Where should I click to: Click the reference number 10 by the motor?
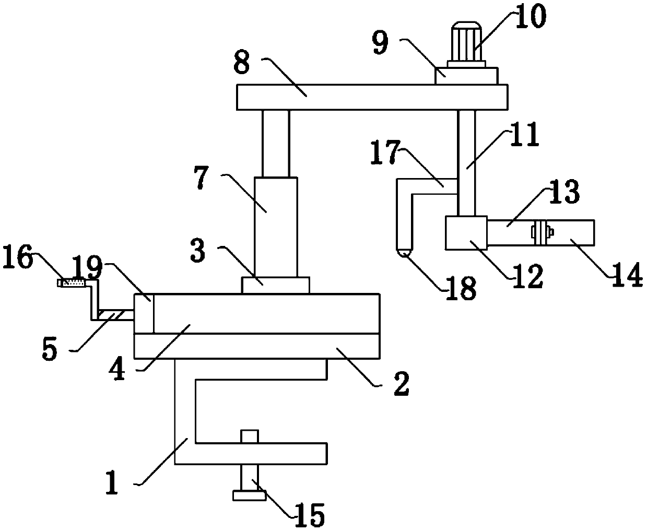tap(528, 16)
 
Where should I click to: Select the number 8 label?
tap(242, 65)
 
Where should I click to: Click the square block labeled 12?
tap(466, 233)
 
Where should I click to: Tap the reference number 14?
tap(627, 276)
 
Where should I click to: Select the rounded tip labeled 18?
tap(405, 253)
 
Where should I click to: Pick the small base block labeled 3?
tap(275, 286)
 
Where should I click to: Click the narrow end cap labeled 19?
tap(144, 313)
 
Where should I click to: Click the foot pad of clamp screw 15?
tap(250, 494)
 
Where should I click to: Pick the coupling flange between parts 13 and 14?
tap(540, 232)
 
